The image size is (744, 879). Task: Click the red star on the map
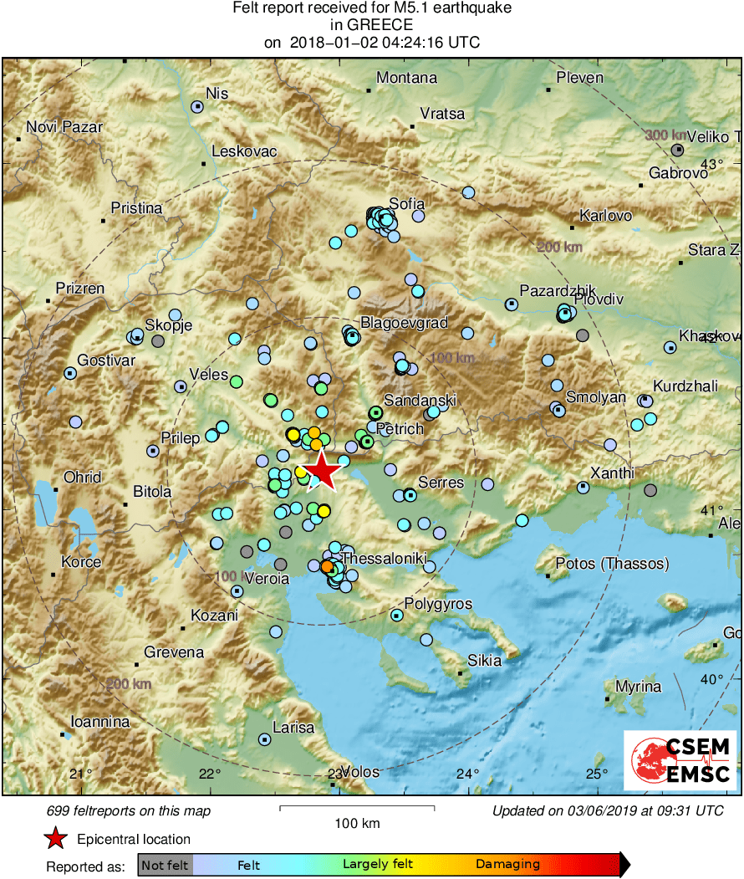(322, 471)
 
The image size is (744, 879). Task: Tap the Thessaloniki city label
(385, 558)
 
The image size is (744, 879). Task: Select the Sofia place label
(407, 203)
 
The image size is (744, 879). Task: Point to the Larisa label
(293, 728)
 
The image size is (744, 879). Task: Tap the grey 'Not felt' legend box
(165, 865)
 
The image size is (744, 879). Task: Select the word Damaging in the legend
(507, 865)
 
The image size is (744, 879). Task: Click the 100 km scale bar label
(357, 824)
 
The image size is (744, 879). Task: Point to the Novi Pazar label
(64, 127)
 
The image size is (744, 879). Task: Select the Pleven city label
(580, 78)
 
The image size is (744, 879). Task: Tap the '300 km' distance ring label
(665, 135)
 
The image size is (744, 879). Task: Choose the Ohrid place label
(82, 477)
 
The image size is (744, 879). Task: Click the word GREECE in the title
(371, 25)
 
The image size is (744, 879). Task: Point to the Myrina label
(638, 687)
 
